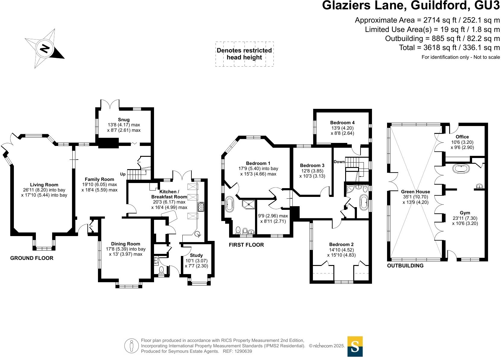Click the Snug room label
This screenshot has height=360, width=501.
click(x=124, y=120)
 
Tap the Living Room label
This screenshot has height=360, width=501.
click(x=44, y=185)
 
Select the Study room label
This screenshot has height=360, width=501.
click(x=196, y=255)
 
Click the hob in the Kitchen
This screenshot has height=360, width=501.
click(x=201, y=207)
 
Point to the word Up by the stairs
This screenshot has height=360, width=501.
click(x=123, y=174)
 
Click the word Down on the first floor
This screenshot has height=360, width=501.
click(x=339, y=162)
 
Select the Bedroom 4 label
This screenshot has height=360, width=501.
click(x=342, y=122)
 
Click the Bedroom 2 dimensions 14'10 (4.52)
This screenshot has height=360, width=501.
click(x=341, y=250)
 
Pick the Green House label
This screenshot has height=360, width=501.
click(x=415, y=192)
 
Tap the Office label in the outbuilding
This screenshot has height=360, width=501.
click(x=462, y=137)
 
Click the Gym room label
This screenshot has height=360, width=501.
click(x=465, y=213)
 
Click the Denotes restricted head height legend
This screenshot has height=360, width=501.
click(x=244, y=54)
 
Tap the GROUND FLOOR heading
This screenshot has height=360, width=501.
click(x=32, y=258)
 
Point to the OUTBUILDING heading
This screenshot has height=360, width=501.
click(x=405, y=266)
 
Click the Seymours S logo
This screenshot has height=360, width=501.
click(x=355, y=346)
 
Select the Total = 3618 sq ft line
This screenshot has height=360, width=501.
click(x=449, y=48)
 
